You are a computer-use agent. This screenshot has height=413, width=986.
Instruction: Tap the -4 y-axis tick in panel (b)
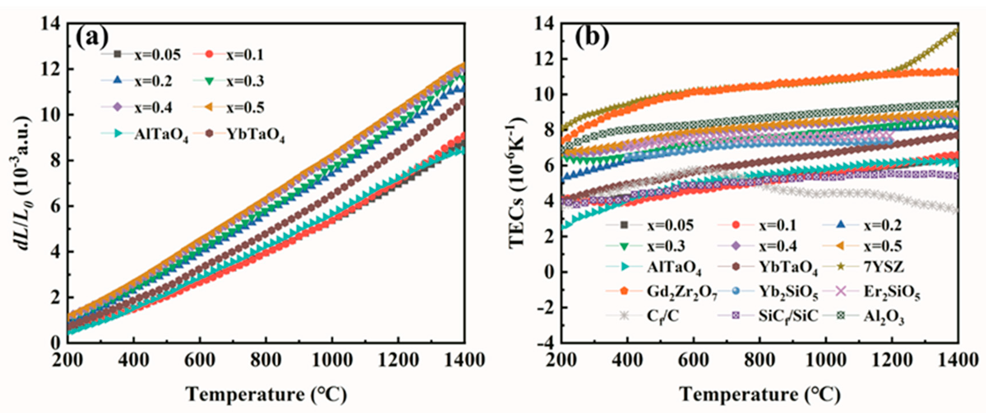coord(545,343)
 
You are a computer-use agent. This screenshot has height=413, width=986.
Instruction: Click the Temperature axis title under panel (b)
coord(760,394)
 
